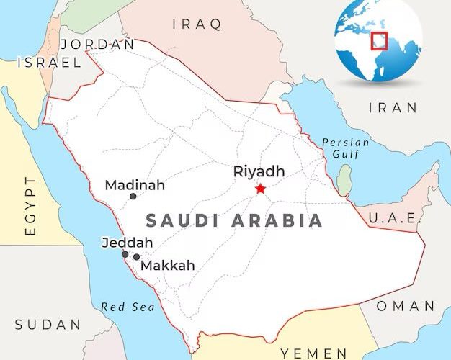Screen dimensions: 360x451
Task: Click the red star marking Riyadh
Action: (x=260, y=189)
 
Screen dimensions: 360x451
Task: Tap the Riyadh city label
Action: (x=259, y=171)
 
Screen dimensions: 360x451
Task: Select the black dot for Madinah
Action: (x=133, y=196)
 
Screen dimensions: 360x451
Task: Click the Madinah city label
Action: (x=135, y=185)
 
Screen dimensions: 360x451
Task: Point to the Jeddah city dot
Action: (x=125, y=254)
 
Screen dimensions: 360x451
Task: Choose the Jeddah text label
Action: (x=128, y=242)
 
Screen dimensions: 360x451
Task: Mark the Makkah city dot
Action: (x=136, y=257)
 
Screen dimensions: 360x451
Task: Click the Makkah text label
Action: (x=167, y=266)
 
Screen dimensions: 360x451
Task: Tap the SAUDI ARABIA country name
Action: (x=234, y=220)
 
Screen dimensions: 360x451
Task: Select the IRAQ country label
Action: (x=197, y=24)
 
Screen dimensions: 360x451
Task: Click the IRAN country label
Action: (x=393, y=108)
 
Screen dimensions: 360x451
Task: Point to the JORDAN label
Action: (x=99, y=44)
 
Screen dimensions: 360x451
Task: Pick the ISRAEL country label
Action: (x=49, y=63)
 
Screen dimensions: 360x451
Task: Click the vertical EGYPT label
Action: (x=30, y=205)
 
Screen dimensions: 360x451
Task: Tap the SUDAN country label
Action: (x=48, y=325)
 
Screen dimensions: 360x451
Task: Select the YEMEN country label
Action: (x=313, y=353)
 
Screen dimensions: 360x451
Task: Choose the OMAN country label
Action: (x=406, y=306)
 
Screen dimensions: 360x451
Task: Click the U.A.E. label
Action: (x=394, y=218)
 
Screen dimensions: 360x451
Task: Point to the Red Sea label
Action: (x=128, y=307)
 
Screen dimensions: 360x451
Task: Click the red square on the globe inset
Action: (x=379, y=40)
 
